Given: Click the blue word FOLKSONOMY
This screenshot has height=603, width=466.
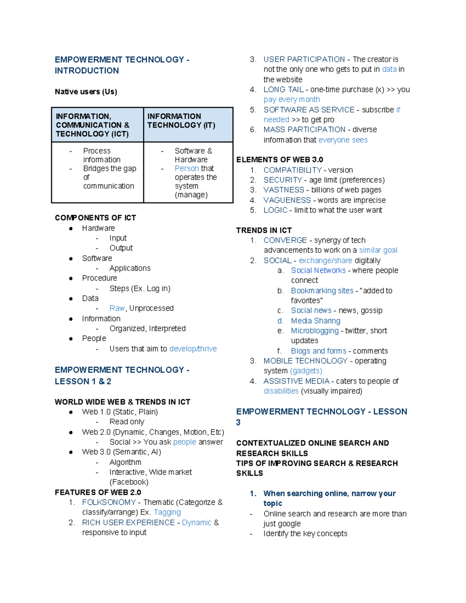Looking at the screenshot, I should [109, 502].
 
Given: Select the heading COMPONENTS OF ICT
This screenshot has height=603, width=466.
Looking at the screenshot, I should [95, 218].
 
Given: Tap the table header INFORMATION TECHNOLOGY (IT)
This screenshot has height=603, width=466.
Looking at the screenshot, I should [181, 121].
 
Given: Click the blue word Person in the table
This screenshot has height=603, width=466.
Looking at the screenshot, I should [186, 169].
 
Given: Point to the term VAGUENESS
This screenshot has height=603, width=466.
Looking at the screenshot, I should [287, 200].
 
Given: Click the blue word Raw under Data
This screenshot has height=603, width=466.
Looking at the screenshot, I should [116, 308].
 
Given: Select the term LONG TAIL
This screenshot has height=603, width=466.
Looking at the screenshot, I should [283, 90].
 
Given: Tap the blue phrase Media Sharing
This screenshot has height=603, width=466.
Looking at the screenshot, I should [315, 321].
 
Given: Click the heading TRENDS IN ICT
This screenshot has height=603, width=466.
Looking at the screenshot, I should [264, 230].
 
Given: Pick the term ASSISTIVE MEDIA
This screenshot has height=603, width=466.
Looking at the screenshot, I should [296, 381].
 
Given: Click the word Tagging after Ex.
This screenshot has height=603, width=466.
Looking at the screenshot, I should [167, 513].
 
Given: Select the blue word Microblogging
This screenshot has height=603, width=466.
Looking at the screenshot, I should [315, 331].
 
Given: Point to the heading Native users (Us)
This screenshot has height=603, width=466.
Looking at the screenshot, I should [86, 92].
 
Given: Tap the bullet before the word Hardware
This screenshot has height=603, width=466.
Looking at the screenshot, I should [71, 228].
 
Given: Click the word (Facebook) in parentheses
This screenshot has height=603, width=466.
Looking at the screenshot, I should [129, 482].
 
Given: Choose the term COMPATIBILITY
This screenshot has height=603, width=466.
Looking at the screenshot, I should [292, 170].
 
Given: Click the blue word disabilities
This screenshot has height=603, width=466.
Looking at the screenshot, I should [281, 391].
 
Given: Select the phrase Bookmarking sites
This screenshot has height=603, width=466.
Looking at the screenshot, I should [322, 291].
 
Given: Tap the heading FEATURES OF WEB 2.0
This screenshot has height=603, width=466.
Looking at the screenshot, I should [98, 492].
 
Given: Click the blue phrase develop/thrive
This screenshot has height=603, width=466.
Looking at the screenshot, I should [193, 349].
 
